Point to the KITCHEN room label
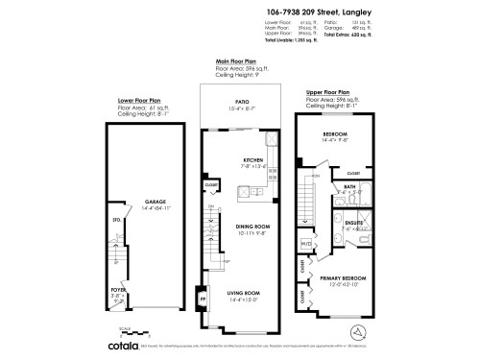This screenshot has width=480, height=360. pos(253,158)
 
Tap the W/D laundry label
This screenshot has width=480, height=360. pos(305,245)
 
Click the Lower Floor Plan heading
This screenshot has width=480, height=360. pos(139,98)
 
